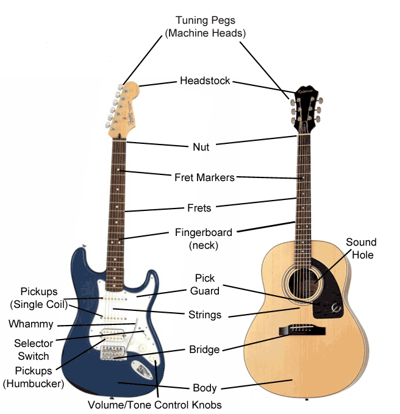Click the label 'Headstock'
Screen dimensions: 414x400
click(205, 80)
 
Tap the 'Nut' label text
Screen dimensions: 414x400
click(201, 146)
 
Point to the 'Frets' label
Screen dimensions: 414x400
click(199, 208)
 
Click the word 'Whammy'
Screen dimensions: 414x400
click(31, 324)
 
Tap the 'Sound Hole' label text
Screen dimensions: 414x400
click(361, 249)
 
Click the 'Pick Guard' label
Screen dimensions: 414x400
click(205, 285)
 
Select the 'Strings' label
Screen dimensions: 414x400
click(205, 315)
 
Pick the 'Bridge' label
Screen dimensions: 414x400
click(204, 350)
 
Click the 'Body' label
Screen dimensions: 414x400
click(204, 388)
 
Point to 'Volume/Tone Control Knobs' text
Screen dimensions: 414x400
click(154, 404)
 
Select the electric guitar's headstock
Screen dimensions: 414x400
click(126, 110)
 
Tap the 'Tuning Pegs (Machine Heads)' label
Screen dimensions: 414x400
click(205, 27)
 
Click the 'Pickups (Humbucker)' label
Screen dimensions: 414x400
click(34, 377)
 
